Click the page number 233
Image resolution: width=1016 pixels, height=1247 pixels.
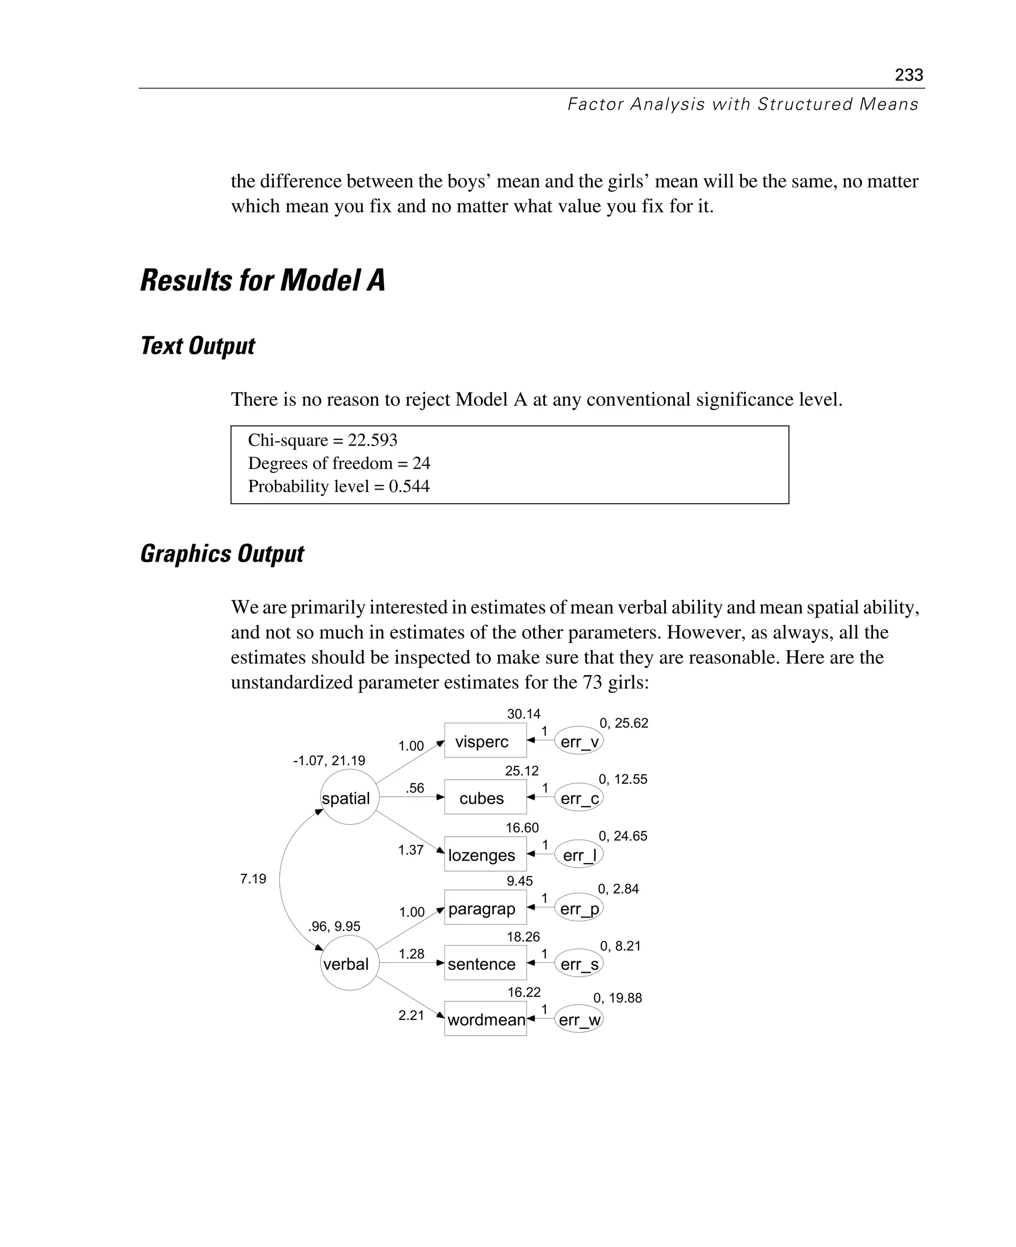click(908, 75)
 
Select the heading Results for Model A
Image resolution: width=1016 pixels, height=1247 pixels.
click(263, 280)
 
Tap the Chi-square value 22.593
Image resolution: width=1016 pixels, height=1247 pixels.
click(372, 440)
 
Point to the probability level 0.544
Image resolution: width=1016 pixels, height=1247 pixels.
click(409, 486)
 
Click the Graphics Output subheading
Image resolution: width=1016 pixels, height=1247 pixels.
click(222, 554)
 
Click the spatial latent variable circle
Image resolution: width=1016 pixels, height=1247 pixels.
click(349, 798)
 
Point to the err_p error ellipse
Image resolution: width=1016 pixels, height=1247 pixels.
click(579, 908)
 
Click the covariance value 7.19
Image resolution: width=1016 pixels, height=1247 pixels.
click(253, 878)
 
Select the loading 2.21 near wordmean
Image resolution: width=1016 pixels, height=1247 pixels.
click(411, 1015)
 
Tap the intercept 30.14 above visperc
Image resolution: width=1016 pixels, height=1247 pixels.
click(523, 714)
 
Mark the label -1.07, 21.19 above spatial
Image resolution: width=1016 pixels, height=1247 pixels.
click(329, 761)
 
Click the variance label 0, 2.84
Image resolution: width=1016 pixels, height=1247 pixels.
click(618, 889)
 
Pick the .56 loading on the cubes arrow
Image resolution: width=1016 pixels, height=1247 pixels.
click(414, 788)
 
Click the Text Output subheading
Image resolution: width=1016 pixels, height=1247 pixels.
click(198, 346)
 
